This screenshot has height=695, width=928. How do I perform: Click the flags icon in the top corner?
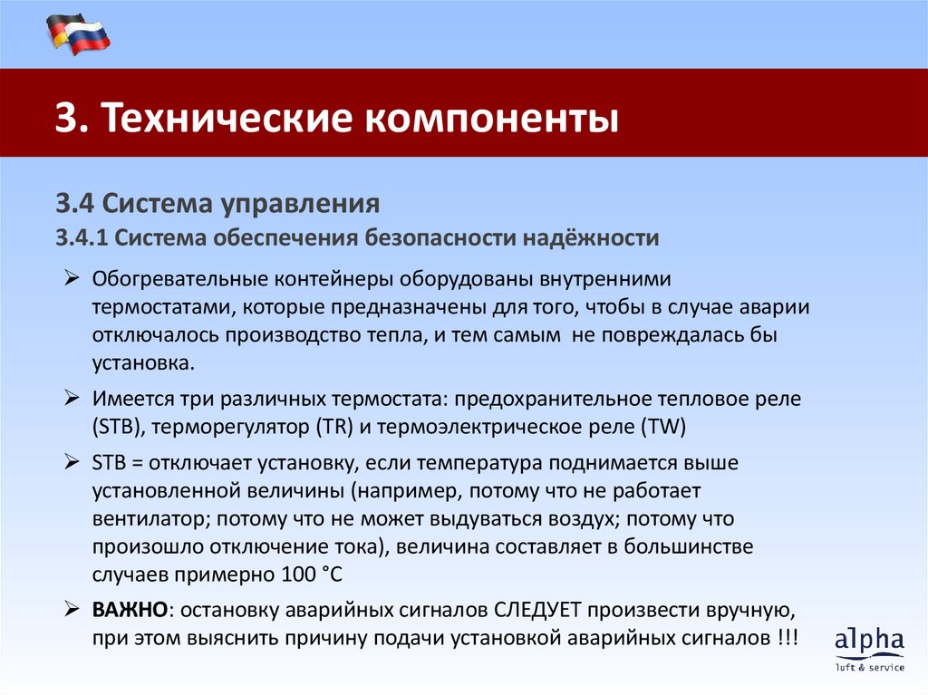point(78,34)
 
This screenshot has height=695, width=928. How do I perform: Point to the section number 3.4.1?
point(82,238)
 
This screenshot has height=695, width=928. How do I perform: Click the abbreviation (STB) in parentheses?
point(111,425)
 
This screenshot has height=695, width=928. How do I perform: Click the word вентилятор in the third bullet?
point(140,519)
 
